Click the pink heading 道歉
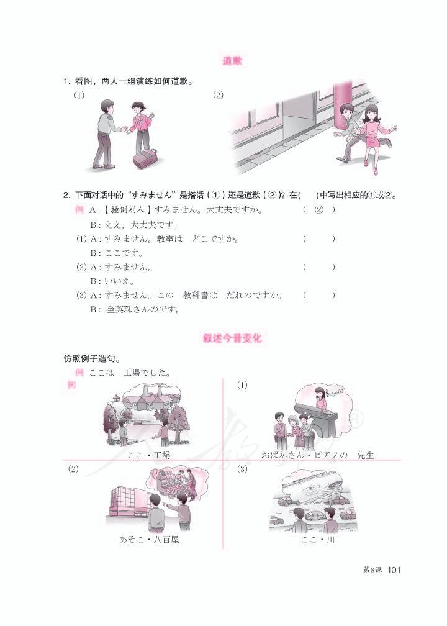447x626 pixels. pyautogui.click(x=233, y=61)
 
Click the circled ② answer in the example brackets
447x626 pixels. pyautogui.click(x=319, y=209)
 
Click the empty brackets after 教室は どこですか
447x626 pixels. pyautogui.click(x=319, y=238)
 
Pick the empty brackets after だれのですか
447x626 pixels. pyautogui.click(x=319, y=295)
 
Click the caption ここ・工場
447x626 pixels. pyautogui.click(x=149, y=455)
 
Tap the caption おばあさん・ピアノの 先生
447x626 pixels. pyautogui.click(x=318, y=455)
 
